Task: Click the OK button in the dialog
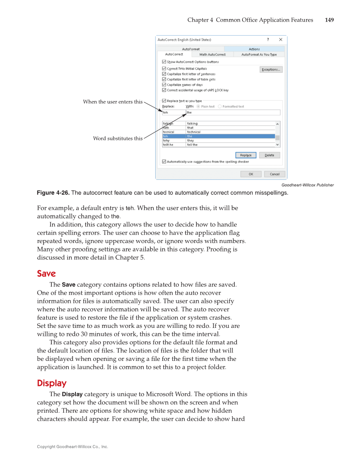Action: coord(251,174)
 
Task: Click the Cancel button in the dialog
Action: coord(274,174)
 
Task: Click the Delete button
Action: coord(269,155)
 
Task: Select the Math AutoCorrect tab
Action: coord(212,55)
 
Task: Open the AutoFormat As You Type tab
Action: coord(259,55)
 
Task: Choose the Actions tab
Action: coord(254,49)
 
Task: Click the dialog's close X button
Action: coord(280,39)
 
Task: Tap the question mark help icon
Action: coord(268,39)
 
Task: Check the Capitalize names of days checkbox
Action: coord(164,85)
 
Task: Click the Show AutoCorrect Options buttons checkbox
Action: coord(164,62)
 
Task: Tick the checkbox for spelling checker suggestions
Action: coord(164,162)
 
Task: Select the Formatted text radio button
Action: coord(220,106)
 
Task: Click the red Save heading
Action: coord(46,274)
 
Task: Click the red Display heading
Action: coord(52,383)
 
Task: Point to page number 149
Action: coord(329,20)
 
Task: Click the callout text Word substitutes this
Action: coord(118,138)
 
